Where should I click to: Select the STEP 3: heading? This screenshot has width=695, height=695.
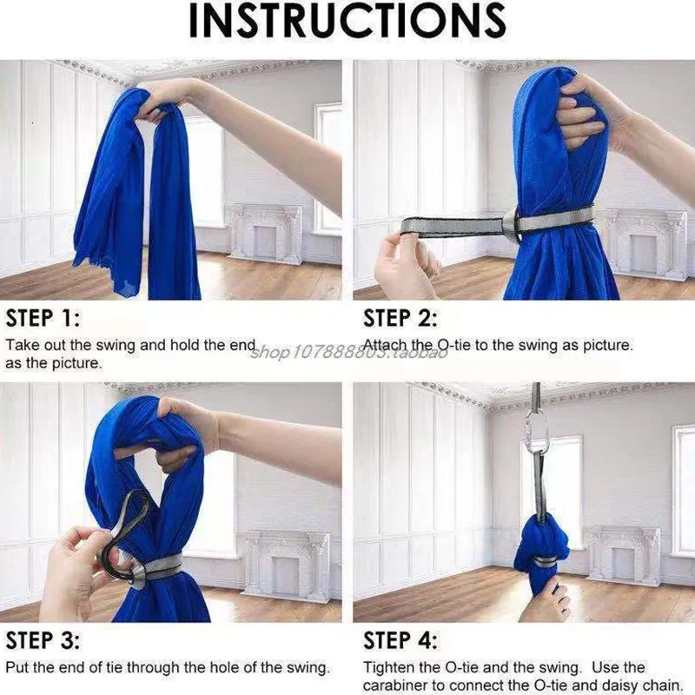(x=43, y=641)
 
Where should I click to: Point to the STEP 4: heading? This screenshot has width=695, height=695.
(x=400, y=641)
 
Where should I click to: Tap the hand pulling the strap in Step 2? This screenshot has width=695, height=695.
(x=404, y=265)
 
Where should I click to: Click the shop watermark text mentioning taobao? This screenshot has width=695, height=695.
(x=347, y=352)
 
